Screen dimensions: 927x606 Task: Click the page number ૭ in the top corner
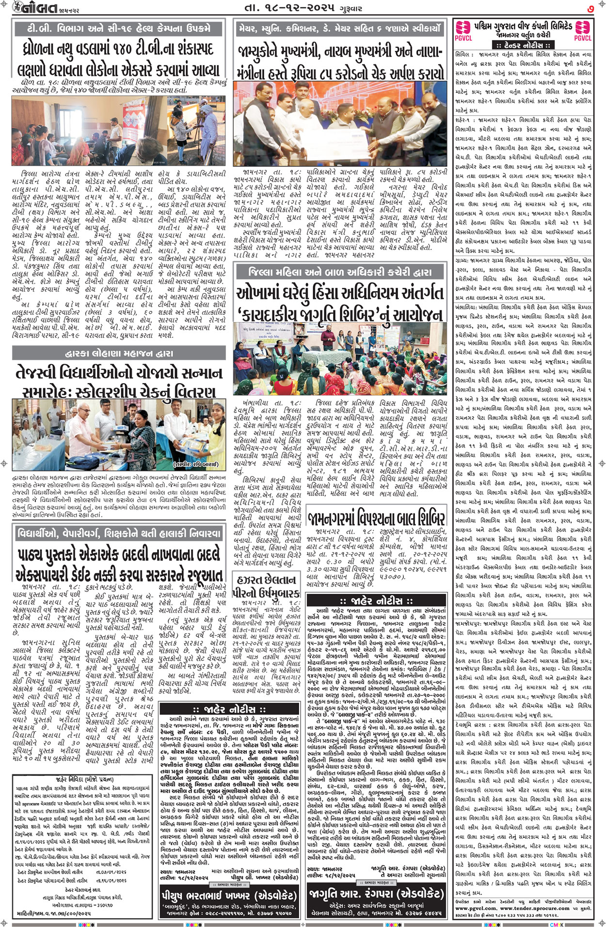click(x=590, y=8)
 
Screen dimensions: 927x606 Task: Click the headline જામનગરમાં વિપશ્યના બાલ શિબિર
click(x=376, y=519)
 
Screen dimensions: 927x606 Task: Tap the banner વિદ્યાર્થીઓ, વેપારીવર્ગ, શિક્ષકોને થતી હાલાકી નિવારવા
click(x=119, y=534)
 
